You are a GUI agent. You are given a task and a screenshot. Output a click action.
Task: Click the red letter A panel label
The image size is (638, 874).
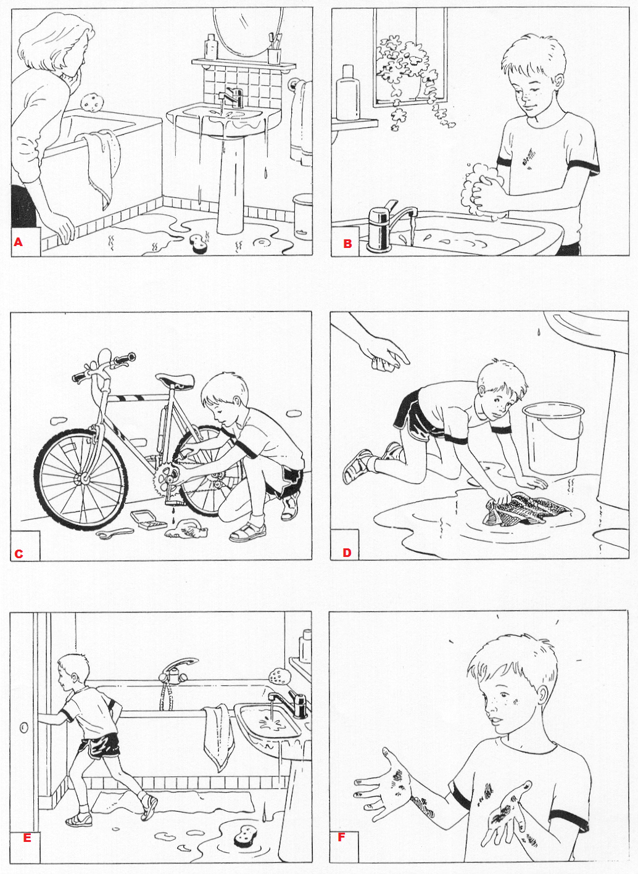pos(19,242)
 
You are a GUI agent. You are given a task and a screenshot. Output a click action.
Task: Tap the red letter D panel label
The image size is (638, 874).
pos(347,553)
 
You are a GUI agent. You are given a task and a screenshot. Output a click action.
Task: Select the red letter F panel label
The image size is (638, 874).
pos(341,848)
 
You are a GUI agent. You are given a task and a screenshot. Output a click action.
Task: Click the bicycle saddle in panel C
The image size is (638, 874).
pos(175,381)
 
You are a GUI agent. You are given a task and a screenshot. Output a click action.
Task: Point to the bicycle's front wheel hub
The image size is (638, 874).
pos(83,477)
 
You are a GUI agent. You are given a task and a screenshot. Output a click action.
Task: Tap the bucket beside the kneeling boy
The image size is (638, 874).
pos(553,437)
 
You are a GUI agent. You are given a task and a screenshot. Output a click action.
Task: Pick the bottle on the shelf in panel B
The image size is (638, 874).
pos(347,93)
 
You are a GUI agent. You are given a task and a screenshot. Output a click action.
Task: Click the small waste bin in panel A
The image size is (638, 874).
pos(303,216)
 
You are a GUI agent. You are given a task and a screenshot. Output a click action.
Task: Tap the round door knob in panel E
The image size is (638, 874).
pos(24,727)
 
